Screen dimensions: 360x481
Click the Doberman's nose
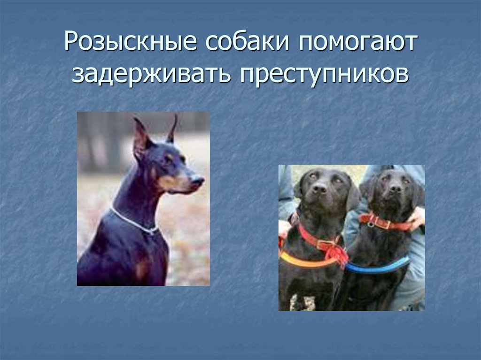click(199, 179)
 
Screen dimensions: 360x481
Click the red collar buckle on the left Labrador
click(324, 244)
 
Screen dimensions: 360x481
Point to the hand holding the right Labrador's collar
click(416, 219)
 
